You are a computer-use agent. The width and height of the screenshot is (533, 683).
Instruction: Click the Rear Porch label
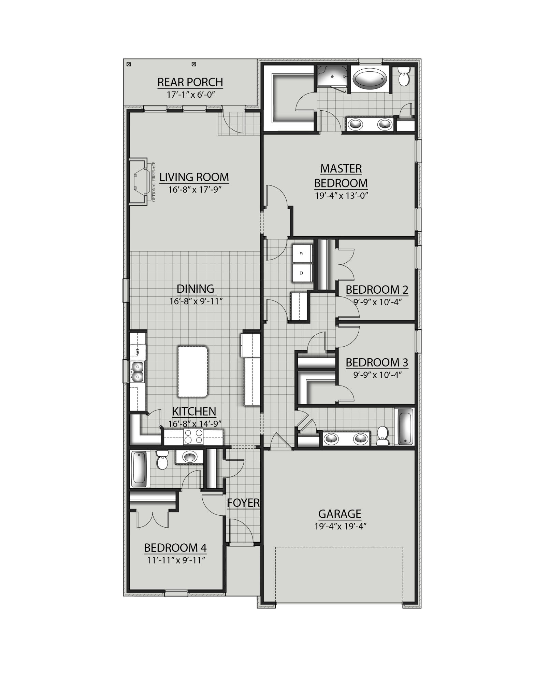click(x=190, y=82)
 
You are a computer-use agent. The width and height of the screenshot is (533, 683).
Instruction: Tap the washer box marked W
click(x=302, y=253)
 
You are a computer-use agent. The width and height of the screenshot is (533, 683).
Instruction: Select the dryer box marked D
click(x=302, y=273)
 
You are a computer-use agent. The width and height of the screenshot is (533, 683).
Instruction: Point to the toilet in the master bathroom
click(x=404, y=77)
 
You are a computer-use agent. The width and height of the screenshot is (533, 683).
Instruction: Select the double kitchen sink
click(x=138, y=372)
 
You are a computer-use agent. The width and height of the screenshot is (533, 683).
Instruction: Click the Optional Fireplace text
click(x=154, y=181)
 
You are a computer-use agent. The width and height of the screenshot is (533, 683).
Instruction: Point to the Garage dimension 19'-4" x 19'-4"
click(x=340, y=526)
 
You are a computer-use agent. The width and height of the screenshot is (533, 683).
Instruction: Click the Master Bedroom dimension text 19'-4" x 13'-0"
click(x=341, y=195)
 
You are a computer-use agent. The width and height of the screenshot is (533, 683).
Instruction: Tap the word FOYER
click(x=243, y=503)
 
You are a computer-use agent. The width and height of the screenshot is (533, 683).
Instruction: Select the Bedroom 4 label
click(x=175, y=548)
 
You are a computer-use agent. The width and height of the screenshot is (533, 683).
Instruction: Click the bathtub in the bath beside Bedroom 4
click(x=139, y=469)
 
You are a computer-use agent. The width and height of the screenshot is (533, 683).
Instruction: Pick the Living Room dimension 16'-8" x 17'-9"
click(x=195, y=190)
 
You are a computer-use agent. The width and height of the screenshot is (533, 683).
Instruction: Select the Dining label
click(x=196, y=289)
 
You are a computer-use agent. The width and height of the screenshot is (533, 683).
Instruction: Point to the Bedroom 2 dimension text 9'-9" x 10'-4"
click(x=377, y=302)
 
